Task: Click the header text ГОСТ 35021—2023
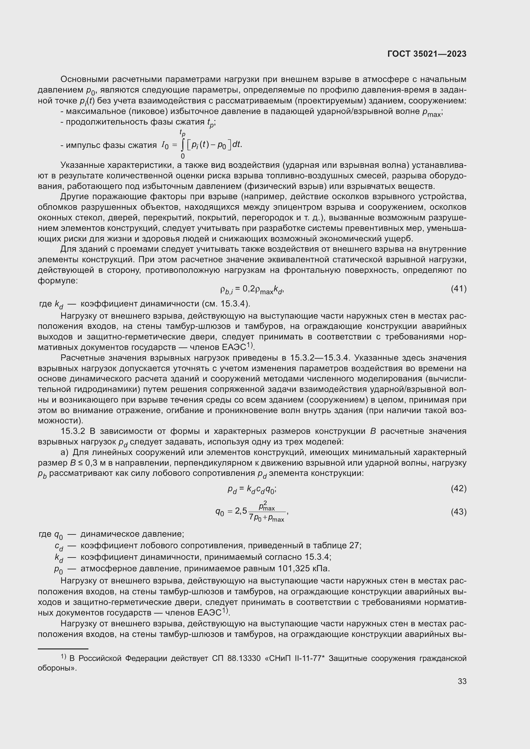426,54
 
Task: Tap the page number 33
462,681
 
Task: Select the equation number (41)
459,289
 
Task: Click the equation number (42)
459,488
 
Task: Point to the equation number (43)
459,512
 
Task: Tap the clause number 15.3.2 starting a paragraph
73,431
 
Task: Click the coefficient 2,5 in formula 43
241,511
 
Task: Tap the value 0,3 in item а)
89,463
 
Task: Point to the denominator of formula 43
266,518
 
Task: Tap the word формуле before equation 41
57,281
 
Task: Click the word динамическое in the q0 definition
104,534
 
